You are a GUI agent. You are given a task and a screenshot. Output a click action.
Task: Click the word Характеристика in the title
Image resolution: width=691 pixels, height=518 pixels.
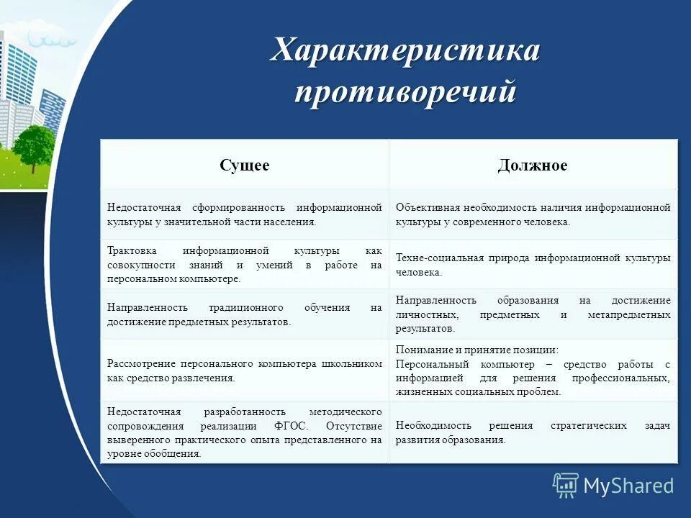coord(405,52)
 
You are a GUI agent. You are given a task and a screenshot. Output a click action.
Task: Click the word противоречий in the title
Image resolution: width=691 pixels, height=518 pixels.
coord(405,94)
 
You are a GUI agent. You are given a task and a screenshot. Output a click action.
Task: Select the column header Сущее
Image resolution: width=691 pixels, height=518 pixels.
coord(245,166)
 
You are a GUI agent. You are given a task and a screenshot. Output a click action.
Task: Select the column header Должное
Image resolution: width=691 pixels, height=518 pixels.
coord(533,166)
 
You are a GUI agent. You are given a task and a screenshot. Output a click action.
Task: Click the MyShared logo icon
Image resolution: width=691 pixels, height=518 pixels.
coord(566,486)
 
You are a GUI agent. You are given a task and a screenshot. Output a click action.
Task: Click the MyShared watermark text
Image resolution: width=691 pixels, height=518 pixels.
coord(628,486)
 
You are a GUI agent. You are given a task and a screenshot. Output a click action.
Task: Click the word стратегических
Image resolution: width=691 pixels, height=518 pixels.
coord(589,425)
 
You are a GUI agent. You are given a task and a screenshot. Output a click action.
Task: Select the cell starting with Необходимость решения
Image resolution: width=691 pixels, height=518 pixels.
coord(533,432)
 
